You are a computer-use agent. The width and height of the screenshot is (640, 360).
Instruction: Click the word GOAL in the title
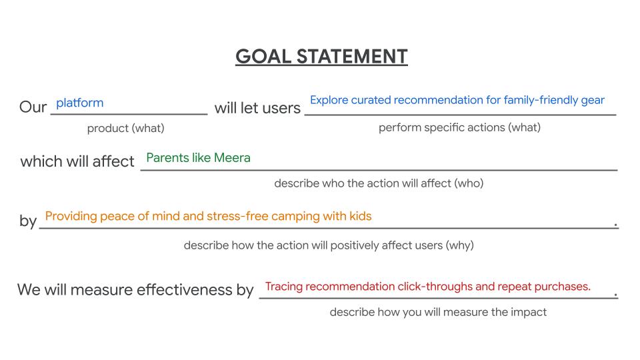[263, 56]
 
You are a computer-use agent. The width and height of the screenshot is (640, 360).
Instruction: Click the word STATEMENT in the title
[352, 56]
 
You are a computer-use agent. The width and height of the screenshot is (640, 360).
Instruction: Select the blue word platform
[79, 103]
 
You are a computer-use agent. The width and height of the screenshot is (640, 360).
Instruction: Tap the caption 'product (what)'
[126, 128]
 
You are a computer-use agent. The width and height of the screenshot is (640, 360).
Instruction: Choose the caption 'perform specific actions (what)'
[459, 128]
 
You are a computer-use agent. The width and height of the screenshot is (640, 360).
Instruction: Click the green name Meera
[232, 158]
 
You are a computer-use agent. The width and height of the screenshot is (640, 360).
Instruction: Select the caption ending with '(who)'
[379, 183]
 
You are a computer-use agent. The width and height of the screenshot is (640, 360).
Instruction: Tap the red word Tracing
[284, 287]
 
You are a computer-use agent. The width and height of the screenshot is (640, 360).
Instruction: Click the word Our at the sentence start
[33, 107]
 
